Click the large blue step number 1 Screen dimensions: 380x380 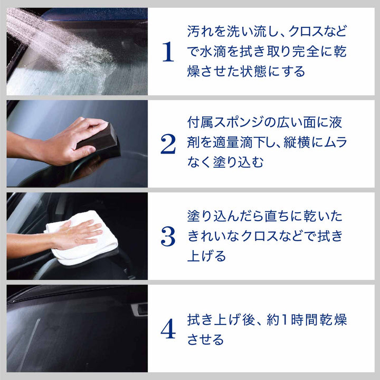point(168,52)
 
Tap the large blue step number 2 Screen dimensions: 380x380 point(168,144)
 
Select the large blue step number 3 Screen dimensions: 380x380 point(168,237)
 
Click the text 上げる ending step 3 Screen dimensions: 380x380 point(207,256)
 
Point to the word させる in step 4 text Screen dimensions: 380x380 point(207,340)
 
